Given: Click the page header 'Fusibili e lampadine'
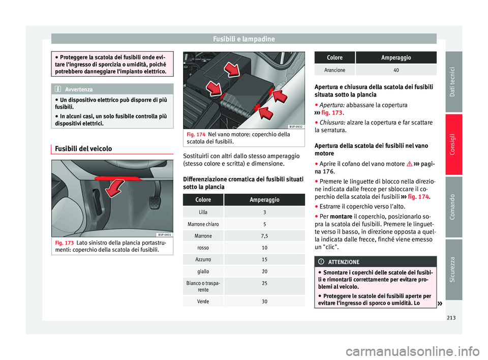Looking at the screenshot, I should (244, 39).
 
